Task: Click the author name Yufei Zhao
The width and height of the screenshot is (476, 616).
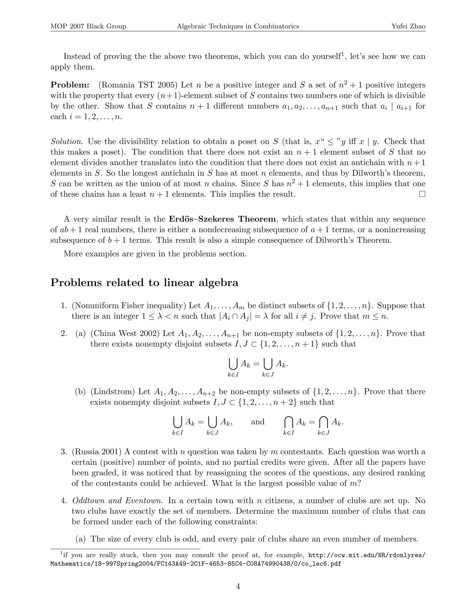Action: tap(408, 26)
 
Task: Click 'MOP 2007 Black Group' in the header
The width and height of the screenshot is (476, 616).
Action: tap(88, 26)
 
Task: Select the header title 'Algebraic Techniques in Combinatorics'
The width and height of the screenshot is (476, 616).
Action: tap(238, 26)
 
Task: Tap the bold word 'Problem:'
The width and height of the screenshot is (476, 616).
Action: tap(70, 85)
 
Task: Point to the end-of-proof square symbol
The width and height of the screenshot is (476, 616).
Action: tap(422, 194)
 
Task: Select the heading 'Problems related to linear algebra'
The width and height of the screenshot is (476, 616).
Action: tap(144, 283)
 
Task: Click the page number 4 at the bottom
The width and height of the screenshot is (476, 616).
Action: tap(238, 586)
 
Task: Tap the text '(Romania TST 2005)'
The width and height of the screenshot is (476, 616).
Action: tap(138, 85)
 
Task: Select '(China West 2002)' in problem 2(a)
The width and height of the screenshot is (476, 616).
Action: tap(126, 334)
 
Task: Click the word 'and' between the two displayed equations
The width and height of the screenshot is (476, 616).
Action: tap(258, 422)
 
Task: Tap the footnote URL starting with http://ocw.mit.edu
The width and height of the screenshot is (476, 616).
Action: tap(367, 555)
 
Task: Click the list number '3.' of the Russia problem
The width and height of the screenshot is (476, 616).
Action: tap(64, 452)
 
